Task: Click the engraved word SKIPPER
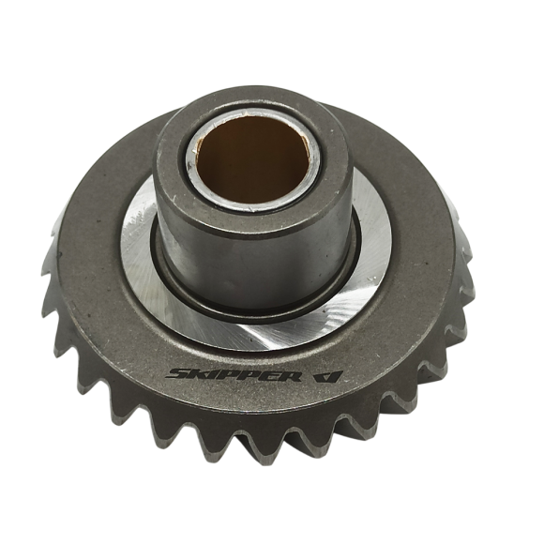coord(234,375)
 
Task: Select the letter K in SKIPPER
coord(201,374)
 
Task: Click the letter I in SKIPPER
coord(215,374)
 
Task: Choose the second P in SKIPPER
coord(249,376)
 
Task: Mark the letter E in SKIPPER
coord(268,376)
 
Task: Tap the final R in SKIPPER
coord(289,377)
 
